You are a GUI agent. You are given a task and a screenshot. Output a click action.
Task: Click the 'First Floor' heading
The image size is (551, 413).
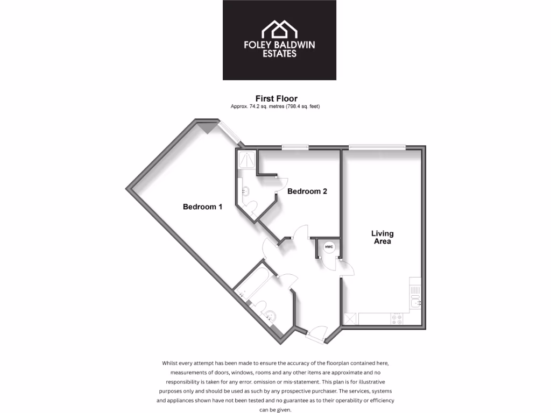(x=276, y=98)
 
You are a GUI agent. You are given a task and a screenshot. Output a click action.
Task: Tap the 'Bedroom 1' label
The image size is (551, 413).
(x=202, y=206)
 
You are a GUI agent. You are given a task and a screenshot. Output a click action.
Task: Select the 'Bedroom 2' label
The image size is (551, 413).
(x=307, y=191)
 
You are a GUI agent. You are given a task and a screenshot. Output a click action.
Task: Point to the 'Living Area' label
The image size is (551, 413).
(x=382, y=237)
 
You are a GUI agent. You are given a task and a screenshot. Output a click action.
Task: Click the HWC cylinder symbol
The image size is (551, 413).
(x=329, y=247)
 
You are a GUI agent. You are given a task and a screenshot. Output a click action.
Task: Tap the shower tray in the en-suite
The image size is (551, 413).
(x=247, y=158)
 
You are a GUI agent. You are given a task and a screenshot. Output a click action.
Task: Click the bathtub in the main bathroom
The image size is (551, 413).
(x=253, y=279)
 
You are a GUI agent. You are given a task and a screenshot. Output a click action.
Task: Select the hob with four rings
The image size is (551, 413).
(x=398, y=318)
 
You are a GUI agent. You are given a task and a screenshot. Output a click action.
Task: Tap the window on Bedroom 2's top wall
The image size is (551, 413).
(x=295, y=147)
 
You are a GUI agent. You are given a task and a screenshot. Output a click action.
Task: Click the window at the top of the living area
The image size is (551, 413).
(x=377, y=147)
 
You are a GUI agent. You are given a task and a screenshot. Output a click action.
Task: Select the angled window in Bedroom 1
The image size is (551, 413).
(x=229, y=132)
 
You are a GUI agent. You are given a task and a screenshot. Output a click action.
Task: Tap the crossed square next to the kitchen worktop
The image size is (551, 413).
(x=350, y=318)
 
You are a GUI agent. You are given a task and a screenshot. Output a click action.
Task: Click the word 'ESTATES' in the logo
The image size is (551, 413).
(x=279, y=54)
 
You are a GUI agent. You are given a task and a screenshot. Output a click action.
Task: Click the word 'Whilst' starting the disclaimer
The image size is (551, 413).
(x=171, y=363)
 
